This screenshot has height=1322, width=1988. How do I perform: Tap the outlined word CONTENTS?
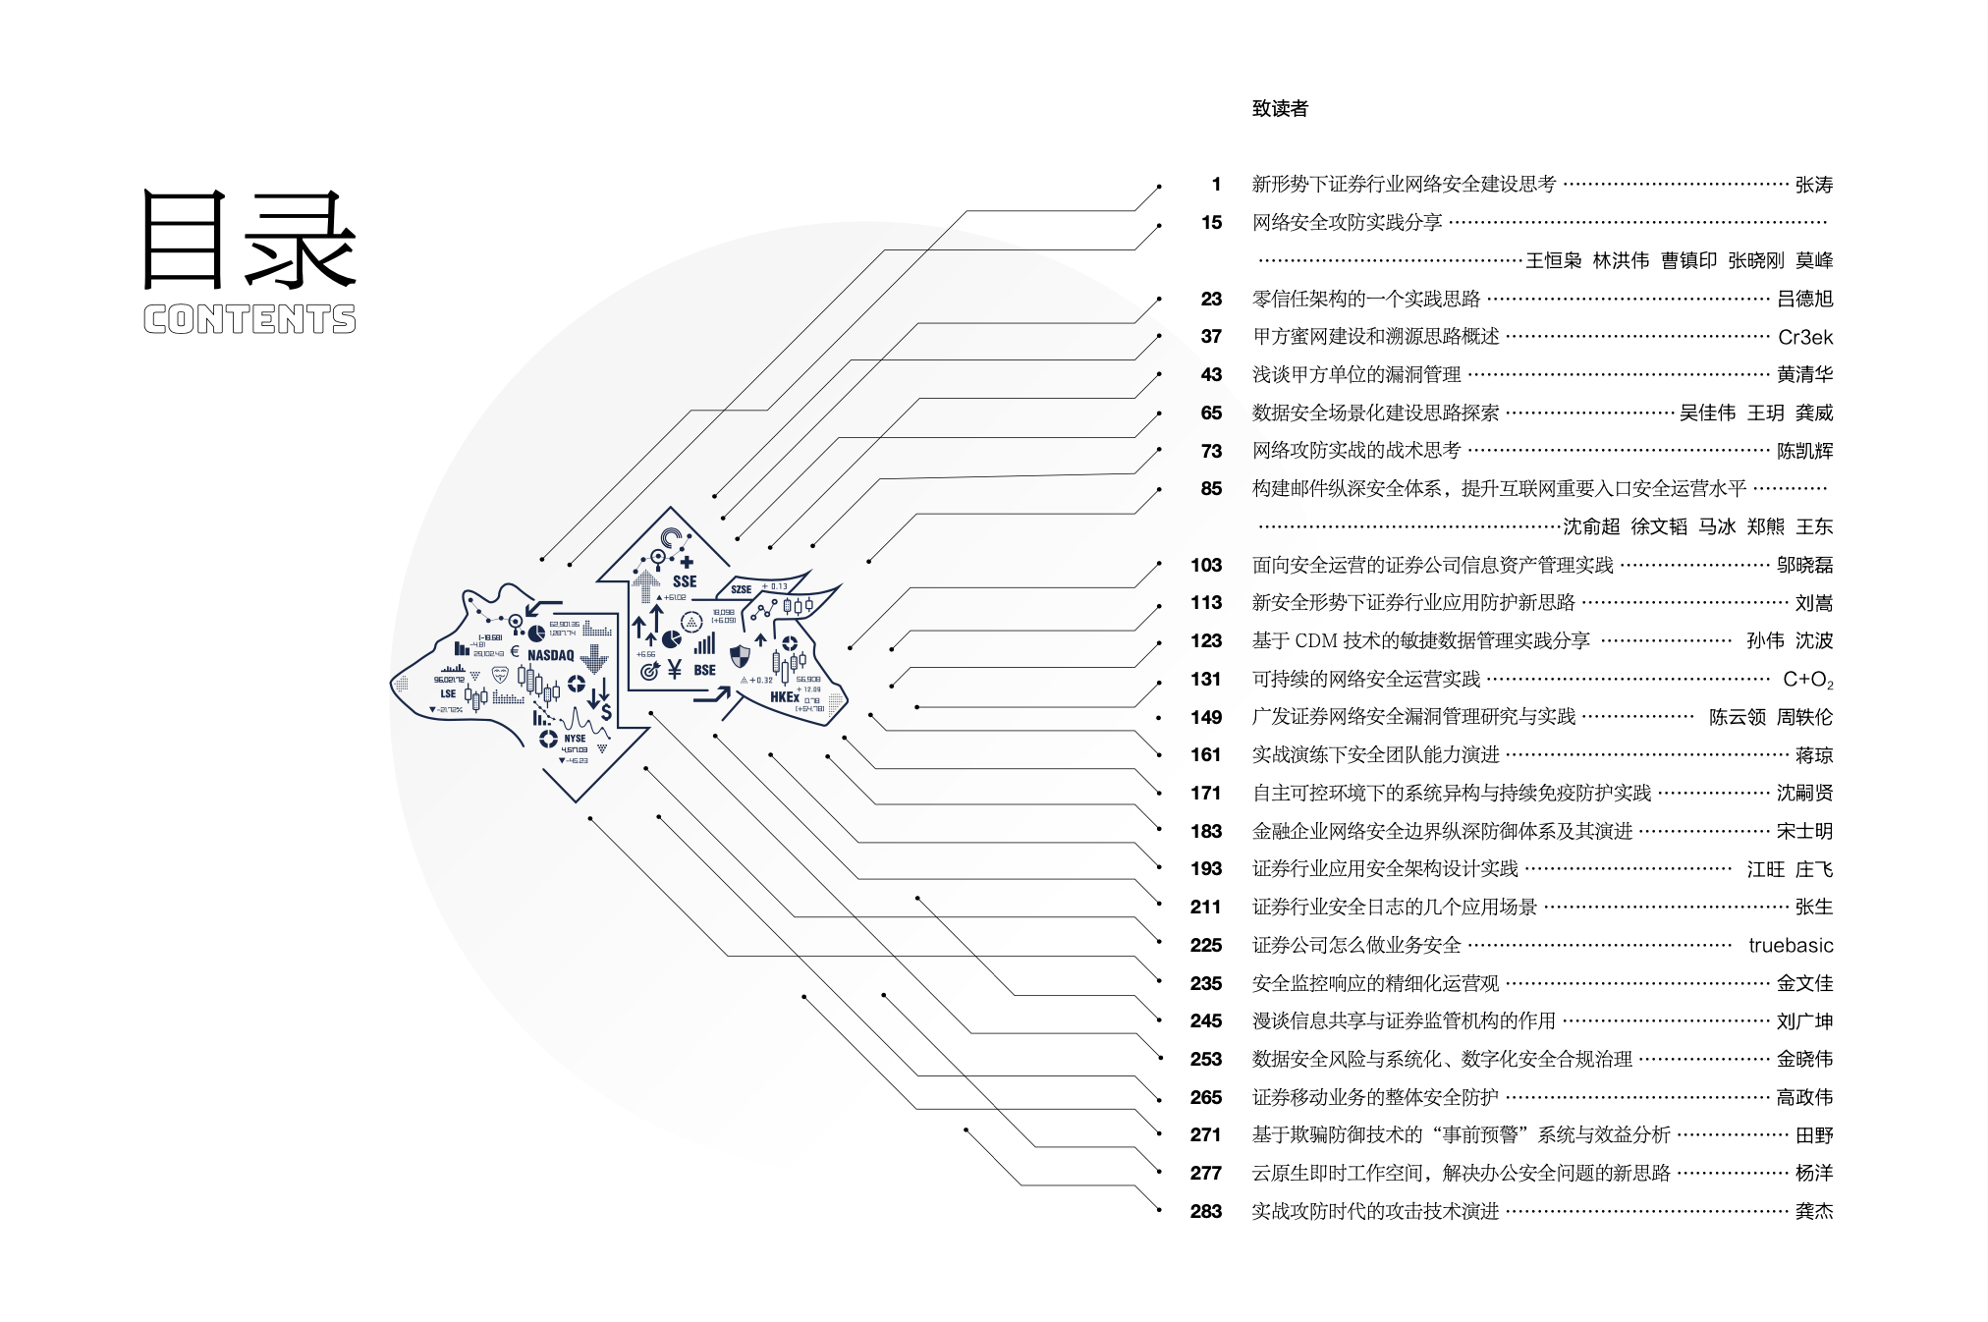249,319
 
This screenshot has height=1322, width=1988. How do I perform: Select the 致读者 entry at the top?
1280,109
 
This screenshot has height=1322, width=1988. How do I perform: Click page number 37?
1211,337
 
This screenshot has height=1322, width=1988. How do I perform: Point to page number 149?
1205,717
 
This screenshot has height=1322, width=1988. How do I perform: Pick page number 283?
1205,1211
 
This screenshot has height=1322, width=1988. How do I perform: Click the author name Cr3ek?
1804,337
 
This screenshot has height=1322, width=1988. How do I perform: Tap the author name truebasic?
1790,945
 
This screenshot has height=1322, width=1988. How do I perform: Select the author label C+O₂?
1807,679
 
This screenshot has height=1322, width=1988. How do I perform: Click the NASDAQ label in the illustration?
550,655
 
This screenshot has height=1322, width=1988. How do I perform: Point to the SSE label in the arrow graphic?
685,581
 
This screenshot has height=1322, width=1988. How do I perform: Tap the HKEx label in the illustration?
784,697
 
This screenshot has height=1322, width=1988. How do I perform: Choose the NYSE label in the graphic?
575,738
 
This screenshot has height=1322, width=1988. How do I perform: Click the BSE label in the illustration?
704,670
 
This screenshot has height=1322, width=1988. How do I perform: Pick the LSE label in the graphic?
448,693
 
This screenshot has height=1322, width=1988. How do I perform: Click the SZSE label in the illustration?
741,589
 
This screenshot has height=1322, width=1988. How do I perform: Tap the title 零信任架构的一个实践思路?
1365,299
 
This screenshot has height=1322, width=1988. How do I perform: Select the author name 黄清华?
1804,374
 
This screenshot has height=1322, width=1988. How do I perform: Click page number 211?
1205,907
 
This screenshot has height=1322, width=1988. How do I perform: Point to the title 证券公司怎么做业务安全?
1356,945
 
